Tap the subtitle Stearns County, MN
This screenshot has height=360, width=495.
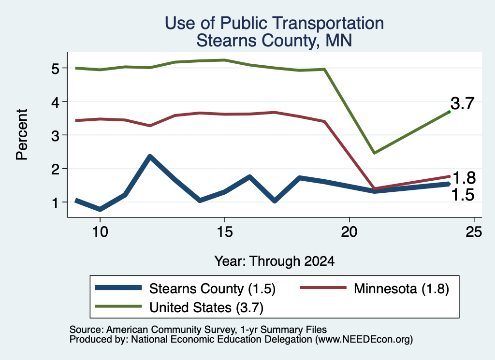click(x=274, y=41)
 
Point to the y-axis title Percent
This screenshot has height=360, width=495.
click(x=22, y=135)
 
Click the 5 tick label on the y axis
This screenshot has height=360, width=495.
click(x=55, y=69)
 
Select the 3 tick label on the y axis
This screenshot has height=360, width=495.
click(x=55, y=136)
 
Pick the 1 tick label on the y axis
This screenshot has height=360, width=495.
click(x=55, y=203)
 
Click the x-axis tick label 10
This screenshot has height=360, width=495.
click(x=100, y=232)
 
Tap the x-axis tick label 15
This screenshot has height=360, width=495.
click(x=225, y=232)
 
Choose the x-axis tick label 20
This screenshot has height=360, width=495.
click(x=349, y=232)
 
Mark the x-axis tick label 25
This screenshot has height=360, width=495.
click(x=474, y=232)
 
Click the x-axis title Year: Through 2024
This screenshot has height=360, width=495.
click(x=275, y=261)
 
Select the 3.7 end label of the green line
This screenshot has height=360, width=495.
click(x=463, y=103)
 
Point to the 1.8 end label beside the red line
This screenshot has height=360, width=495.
click(x=464, y=178)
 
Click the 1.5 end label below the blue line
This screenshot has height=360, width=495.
click(x=463, y=195)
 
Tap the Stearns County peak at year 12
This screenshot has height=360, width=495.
click(x=150, y=157)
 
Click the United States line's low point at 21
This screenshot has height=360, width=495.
click(x=374, y=153)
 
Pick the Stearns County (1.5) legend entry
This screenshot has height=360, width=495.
click(x=185, y=288)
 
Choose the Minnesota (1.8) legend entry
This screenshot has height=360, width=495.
click(x=375, y=288)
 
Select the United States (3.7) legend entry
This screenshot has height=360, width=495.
click(x=179, y=307)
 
